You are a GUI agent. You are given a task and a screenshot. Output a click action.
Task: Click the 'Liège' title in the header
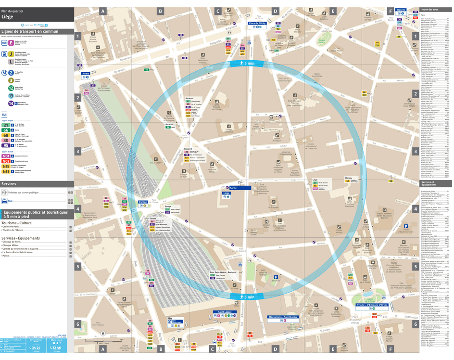click(7, 16)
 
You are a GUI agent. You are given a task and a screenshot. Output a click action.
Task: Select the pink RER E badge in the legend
click(11, 42)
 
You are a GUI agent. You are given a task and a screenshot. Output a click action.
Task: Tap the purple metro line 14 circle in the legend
click(11, 103)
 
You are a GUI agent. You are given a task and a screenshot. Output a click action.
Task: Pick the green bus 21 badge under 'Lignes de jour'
click(6, 125)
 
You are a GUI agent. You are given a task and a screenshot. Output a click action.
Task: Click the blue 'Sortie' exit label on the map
click(234, 188)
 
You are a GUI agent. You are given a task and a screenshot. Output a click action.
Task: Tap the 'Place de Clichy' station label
click(257, 23)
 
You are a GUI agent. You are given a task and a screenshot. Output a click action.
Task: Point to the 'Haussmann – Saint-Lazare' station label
click(283, 317)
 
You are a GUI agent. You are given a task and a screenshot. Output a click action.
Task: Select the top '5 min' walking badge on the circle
click(246, 64)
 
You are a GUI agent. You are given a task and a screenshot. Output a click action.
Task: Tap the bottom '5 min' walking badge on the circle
click(246, 297)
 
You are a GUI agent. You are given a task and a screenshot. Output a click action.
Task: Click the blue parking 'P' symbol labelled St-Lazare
click(276, 277)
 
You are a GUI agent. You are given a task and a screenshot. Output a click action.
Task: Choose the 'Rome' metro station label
click(86, 74)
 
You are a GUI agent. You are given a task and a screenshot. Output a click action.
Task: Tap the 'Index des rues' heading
click(430, 10)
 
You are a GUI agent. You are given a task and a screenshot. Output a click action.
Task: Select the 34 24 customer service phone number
click(35, 347)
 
